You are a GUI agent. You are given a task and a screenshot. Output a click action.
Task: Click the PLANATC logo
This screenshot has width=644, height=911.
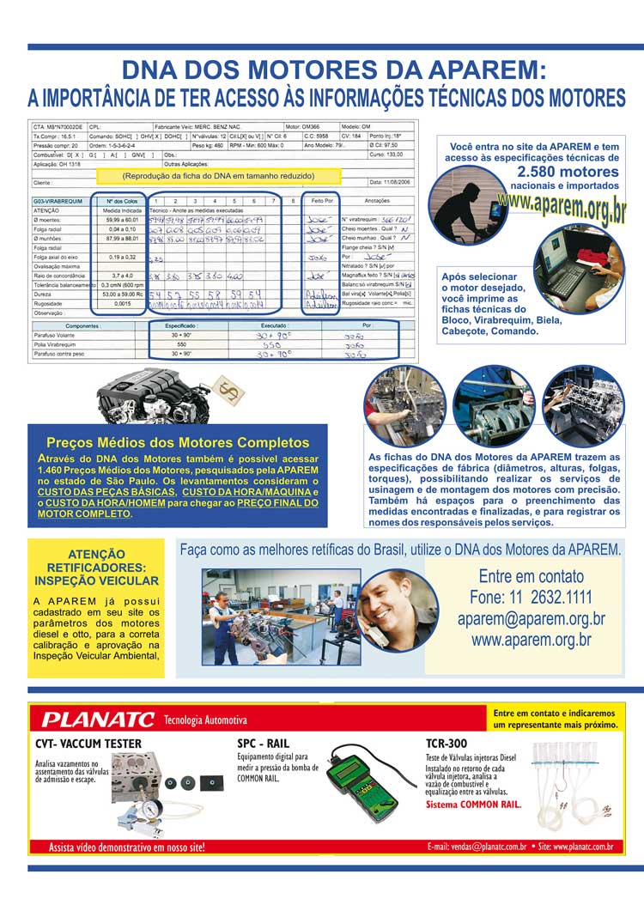(x=99, y=720)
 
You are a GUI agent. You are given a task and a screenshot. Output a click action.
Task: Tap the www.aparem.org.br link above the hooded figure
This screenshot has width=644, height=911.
(x=561, y=207)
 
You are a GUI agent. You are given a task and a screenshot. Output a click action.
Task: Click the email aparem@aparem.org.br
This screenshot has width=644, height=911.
(x=531, y=619)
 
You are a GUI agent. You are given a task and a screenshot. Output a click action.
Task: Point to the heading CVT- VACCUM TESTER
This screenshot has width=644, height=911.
(x=88, y=744)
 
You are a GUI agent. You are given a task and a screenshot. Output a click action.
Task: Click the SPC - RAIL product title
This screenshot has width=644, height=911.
(x=264, y=744)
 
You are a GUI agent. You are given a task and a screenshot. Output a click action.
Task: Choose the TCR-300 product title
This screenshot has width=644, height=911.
(x=447, y=744)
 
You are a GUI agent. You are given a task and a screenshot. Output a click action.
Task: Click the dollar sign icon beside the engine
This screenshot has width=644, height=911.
(x=229, y=392)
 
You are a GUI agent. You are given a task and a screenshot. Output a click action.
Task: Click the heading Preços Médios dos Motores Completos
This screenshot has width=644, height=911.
(x=178, y=443)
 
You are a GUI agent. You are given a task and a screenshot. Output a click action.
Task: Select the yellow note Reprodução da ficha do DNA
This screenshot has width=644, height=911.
(x=218, y=175)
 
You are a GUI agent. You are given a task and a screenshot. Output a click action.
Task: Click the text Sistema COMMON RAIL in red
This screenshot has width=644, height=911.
(x=473, y=805)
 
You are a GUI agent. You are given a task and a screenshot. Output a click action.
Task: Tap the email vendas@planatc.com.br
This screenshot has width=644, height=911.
(x=477, y=847)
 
